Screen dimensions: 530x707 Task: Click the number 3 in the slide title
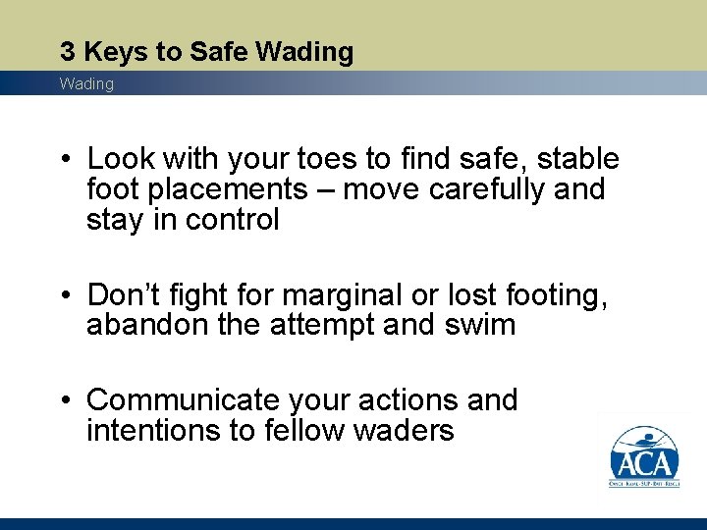[x=66, y=51]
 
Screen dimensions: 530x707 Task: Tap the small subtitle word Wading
[x=86, y=84]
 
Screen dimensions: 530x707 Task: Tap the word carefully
[x=472, y=189]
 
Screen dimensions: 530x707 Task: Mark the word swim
[x=481, y=324]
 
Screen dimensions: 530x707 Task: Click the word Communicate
[x=184, y=400]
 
